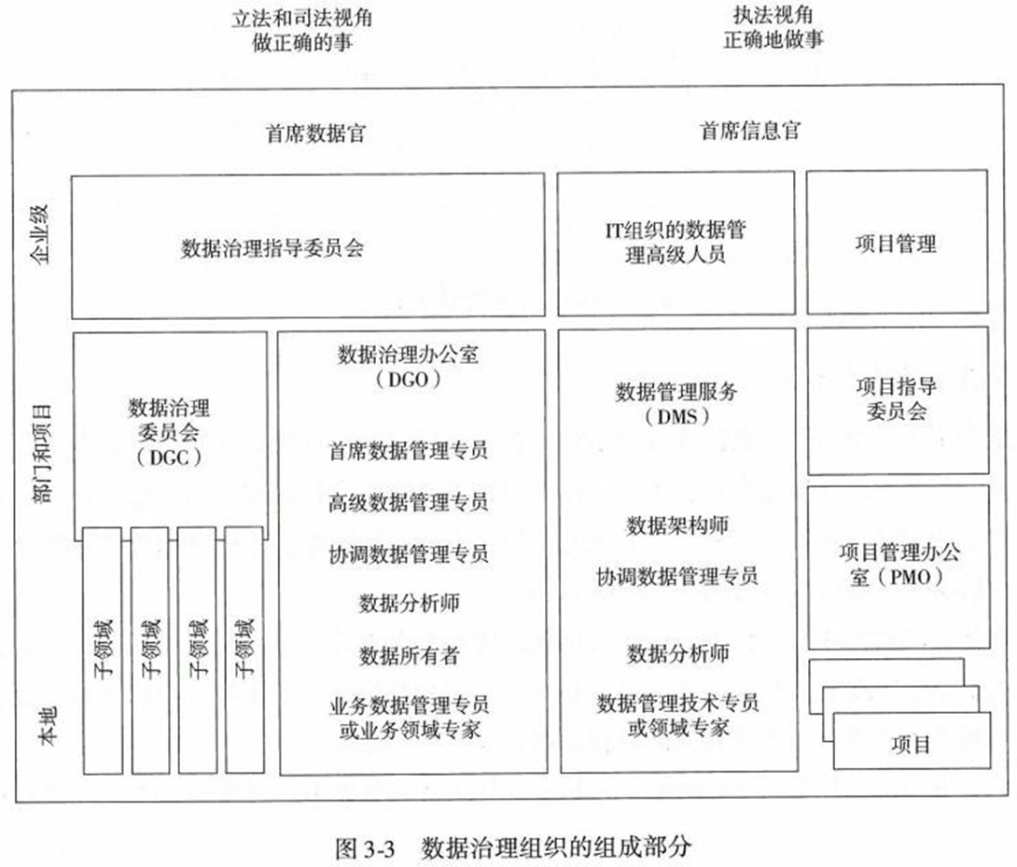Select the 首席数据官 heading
(x=315, y=133)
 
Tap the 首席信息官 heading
(x=749, y=132)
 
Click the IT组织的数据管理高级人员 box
(x=676, y=242)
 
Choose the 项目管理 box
(x=896, y=245)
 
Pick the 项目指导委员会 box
(x=896, y=399)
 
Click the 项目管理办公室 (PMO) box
(x=896, y=564)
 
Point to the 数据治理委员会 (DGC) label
(x=169, y=431)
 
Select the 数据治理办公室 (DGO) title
(x=411, y=368)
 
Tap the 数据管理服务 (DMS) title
(x=676, y=403)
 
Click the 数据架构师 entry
(x=676, y=525)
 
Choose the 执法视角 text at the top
(x=773, y=16)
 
